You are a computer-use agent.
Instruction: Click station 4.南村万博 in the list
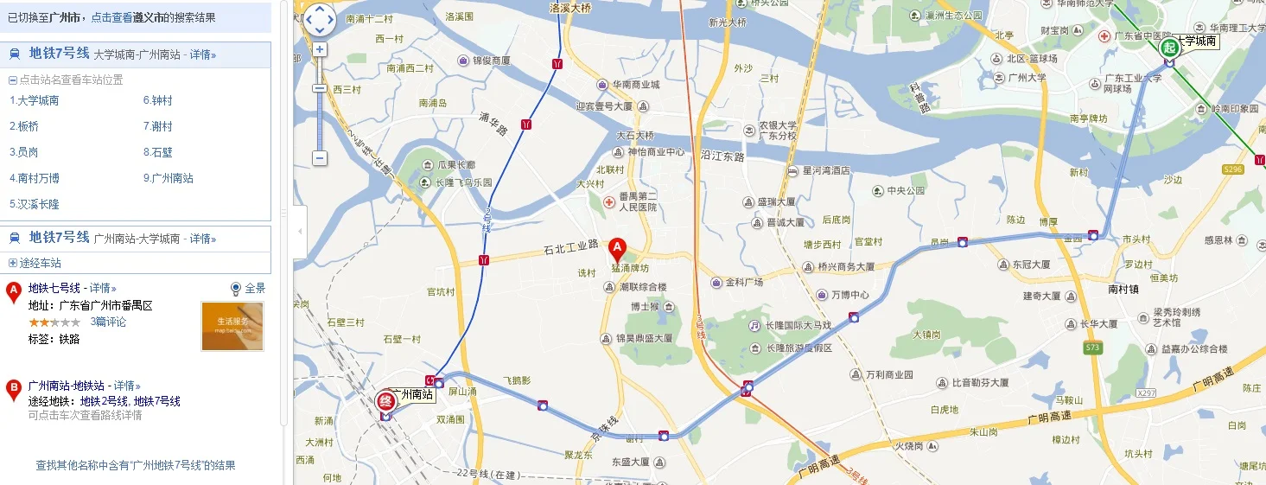tap(35, 178)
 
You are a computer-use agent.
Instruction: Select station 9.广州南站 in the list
tap(168, 178)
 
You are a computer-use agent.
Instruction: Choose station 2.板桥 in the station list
tap(24, 126)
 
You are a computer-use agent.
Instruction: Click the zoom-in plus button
tap(320, 49)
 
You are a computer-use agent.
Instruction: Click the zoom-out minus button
tap(320, 158)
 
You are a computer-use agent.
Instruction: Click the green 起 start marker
tap(1169, 48)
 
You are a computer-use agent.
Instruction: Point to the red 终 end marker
tap(385, 401)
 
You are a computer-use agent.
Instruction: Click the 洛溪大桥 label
tap(570, 8)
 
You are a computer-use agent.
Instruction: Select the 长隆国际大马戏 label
tap(798, 326)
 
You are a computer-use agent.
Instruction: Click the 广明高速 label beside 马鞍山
tap(1050, 418)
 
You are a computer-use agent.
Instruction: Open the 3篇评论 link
tap(108, 322)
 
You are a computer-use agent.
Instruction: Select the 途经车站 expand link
tap(40, 263)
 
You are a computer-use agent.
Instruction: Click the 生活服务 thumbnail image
tap(232, 326)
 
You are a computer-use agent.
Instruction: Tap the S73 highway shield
tap(1093, 347)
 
